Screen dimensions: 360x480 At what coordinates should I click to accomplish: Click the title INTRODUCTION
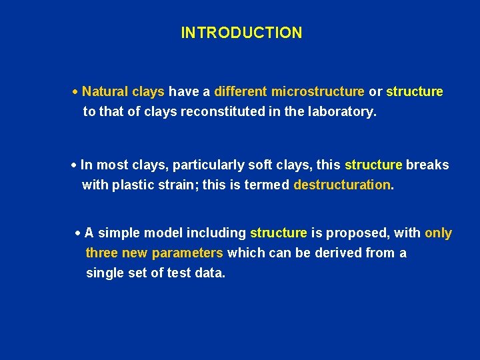click(x=241, y=33)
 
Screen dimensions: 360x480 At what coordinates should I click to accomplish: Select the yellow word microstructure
click(x=317, y=91)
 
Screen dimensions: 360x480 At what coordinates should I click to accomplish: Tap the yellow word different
click(x=240, y=91)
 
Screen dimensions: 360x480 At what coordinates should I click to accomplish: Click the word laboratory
click(x=341, y=111)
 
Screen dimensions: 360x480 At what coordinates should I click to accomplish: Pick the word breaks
click(x=427, y=165)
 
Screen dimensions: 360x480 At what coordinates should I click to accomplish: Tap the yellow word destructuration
click(x=343, y=185)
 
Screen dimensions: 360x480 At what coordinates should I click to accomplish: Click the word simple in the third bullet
click(x=119, y=233)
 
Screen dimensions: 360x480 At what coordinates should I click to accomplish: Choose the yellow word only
click(x=438, y=233)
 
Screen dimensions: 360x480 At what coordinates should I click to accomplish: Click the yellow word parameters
click(x=187, y=253)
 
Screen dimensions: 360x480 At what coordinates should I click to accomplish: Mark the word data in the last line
click(x=209, y=273)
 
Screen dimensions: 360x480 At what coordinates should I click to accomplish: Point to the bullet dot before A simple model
click(x=78, y=234)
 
